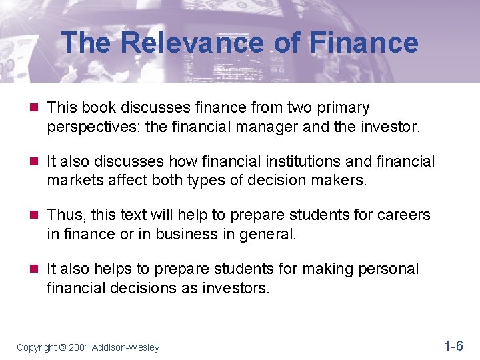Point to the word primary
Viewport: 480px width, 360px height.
click(341, 107)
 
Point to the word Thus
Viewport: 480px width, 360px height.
click(65, 215)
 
